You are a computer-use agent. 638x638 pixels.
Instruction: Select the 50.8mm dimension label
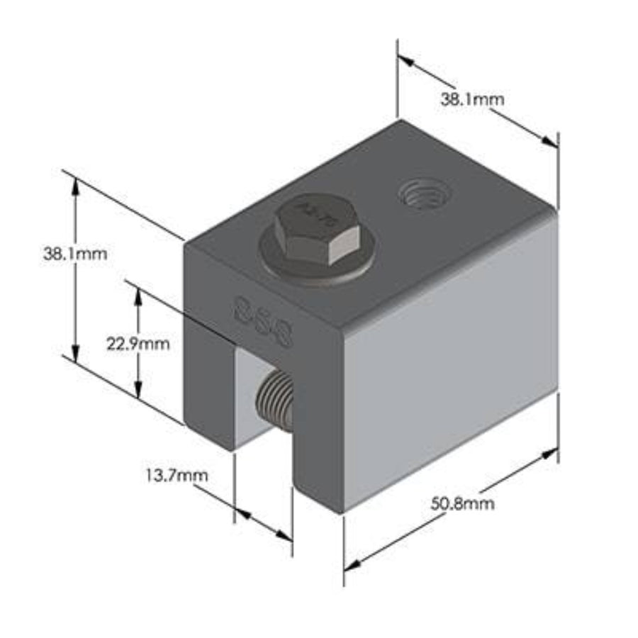(462, 504)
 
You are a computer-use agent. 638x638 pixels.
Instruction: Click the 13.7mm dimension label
(177, 475)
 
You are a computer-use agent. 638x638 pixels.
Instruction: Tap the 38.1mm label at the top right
(473, 99)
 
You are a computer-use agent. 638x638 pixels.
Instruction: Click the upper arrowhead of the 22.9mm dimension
(139, 296)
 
